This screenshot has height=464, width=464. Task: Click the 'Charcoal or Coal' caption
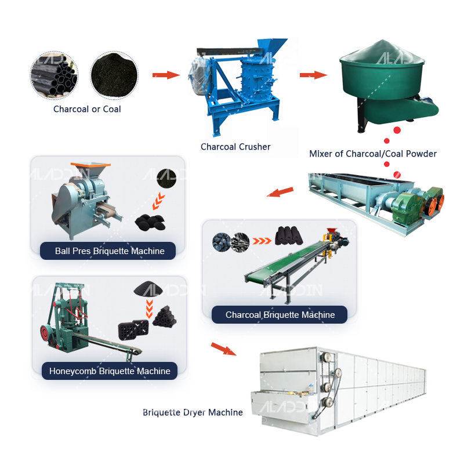click(x=87, y=109)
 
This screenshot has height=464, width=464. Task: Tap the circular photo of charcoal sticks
click(x=54, y=76)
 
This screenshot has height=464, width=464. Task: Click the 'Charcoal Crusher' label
click(x=235, y=147)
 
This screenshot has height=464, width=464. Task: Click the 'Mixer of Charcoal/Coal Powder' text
click(x=373, y=154)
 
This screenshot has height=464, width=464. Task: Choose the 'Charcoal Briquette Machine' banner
click(x=280, y=315)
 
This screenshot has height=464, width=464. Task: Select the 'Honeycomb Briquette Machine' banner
click(x=110, y=371)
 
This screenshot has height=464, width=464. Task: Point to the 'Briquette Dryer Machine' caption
click(x=193, y=412)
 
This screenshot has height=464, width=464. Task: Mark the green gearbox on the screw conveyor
click(x=405, y=206)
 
